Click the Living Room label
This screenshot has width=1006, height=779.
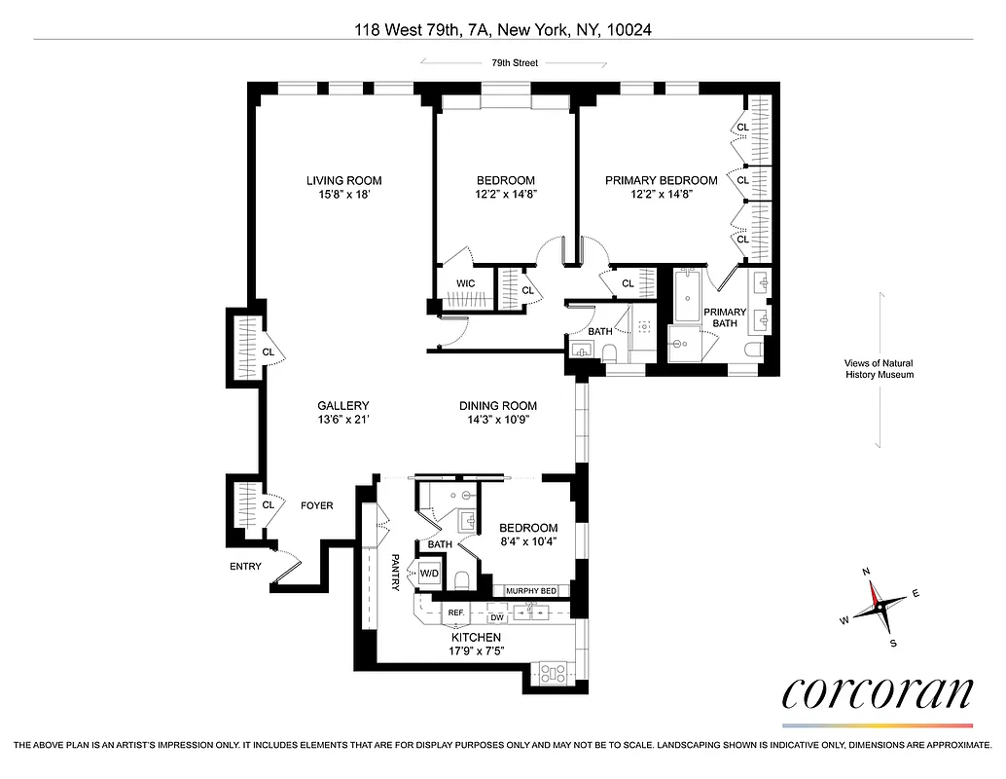[343, 180]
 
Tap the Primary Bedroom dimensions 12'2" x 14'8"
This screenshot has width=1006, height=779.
[661, 195]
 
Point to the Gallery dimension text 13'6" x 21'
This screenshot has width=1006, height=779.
[343, 421]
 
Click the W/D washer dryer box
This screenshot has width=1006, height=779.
[430, 574]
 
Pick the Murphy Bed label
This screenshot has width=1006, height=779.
[530, 591]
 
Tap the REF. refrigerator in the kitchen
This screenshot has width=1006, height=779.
[455, 613]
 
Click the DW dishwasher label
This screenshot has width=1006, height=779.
[496, 617]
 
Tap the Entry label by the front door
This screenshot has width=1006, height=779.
[245, 566]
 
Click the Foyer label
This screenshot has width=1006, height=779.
[316, 505]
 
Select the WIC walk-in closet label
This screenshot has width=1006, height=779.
[465, 284]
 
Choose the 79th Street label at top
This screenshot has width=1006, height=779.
[514, 63]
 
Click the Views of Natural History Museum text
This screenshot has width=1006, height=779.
[879, 369]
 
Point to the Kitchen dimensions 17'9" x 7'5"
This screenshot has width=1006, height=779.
[477, 650]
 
